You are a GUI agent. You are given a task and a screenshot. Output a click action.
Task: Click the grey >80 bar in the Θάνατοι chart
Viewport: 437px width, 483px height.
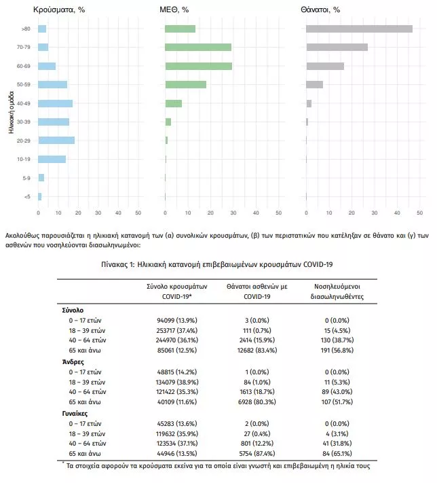pos(359,29)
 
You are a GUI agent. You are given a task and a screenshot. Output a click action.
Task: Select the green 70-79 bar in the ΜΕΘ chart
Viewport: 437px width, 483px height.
pos(198,47)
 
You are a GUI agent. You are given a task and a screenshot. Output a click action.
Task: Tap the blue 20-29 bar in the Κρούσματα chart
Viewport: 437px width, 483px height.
pos(56,141)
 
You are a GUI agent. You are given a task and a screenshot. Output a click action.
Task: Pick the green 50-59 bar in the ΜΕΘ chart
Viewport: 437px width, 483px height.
pos(185,84)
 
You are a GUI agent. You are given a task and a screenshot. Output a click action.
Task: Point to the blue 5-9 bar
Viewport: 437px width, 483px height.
pos(41,178)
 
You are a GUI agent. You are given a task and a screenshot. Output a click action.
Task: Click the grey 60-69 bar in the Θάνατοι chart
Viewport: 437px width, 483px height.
pos(325,66)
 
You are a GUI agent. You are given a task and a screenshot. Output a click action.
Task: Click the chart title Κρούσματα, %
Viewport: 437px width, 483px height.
pos(59,10)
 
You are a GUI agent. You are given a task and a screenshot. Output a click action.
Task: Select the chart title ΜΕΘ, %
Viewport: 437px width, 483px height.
pos(174,10)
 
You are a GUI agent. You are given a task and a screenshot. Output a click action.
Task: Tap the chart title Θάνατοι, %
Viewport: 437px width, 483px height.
pos(320,10)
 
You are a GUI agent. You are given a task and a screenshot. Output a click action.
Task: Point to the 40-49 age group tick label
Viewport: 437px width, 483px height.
pos(23,103)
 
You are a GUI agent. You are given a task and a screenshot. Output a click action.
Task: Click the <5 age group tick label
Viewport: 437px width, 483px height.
pos(27,196)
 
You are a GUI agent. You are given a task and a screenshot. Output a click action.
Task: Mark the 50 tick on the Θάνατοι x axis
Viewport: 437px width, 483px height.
pos(420,213)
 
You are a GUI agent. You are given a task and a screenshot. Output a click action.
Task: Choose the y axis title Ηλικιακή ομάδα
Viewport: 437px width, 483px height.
pos(12,112)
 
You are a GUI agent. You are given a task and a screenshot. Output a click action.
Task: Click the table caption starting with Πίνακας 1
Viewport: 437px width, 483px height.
pos(217,265)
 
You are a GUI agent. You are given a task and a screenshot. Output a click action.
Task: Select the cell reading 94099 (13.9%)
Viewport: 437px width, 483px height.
pos(177,321)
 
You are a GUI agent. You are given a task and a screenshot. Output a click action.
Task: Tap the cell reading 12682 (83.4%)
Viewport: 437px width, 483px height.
pos(257,351)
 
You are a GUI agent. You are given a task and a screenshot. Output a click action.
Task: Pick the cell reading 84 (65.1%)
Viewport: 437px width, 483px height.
pos(337,453)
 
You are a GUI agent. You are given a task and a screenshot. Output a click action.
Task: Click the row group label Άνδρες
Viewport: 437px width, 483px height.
pos(73,362)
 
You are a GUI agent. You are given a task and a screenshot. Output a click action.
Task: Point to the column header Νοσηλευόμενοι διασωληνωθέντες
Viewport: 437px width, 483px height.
pos(337,291)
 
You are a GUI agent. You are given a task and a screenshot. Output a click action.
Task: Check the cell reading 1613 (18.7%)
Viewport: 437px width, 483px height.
pos(257,392)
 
